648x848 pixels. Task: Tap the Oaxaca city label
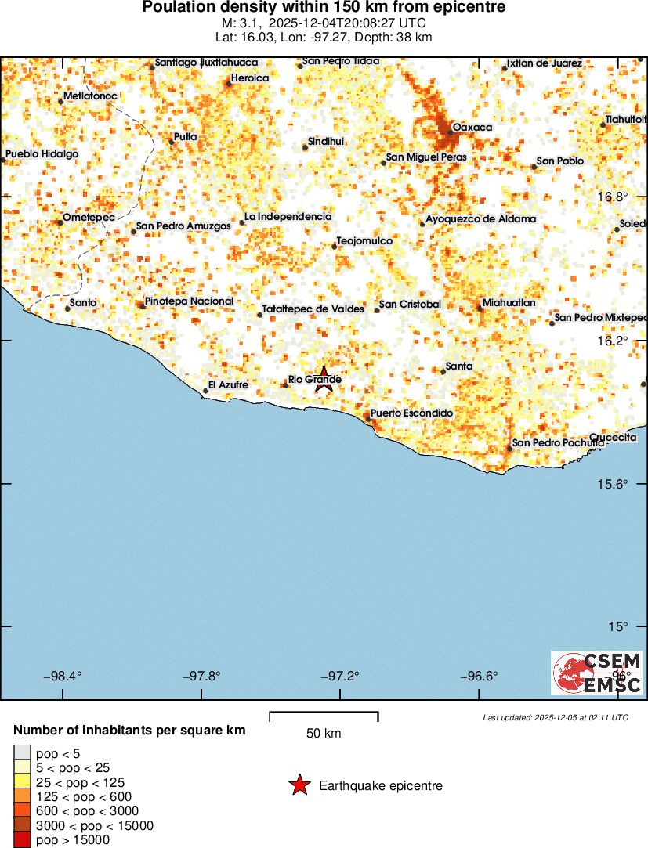tap(472, 127)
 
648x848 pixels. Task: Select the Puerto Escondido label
tap(411, 413)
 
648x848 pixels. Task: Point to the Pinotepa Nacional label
tap(189, 301)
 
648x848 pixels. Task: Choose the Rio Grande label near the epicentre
tap(314, 380)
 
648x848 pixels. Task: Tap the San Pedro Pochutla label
tap(558, 443)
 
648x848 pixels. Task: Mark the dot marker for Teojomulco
tap(335, 247)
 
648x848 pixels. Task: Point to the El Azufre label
tap(228, 385)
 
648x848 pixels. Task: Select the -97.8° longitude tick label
tap(203, 676)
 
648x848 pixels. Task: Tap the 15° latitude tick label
tap(620, 626)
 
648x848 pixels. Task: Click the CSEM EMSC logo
tap(597, 673)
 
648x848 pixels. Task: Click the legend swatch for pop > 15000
tap(22, 840)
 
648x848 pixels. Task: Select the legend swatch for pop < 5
tap(22, 753)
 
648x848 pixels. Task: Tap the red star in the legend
tap(299, 785)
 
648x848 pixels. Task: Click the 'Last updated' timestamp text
tap(556, 717)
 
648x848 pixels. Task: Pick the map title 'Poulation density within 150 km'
tap(324, 8)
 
